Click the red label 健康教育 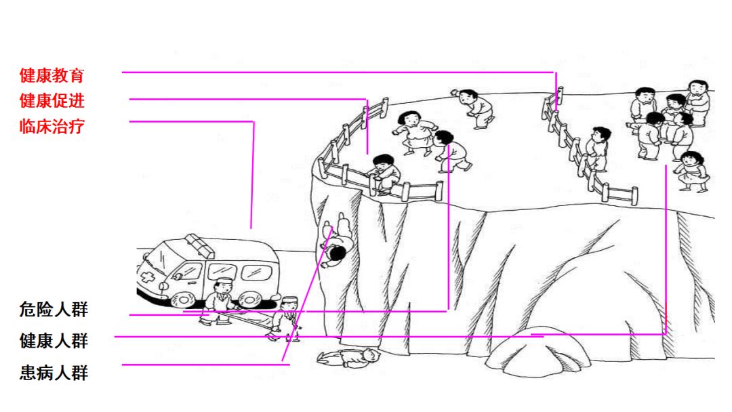tap(52, 75)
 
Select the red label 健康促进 tap(52, 100)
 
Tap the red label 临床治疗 tap(52, 126)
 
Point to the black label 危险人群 tap(54, 310)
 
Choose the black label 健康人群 tap(54, 341)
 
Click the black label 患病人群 tap(54, 372)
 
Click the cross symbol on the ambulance tap(148, 277)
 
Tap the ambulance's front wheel tap(184, 299)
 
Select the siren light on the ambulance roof tap(200, 246)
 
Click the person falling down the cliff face tap(337, 241)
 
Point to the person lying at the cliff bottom tap(348, 358)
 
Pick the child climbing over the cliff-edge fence tap(384, 173)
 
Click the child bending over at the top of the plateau tap(474, 108)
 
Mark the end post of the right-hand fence tap(634, 196)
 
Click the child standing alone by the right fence tap(597, 148)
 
